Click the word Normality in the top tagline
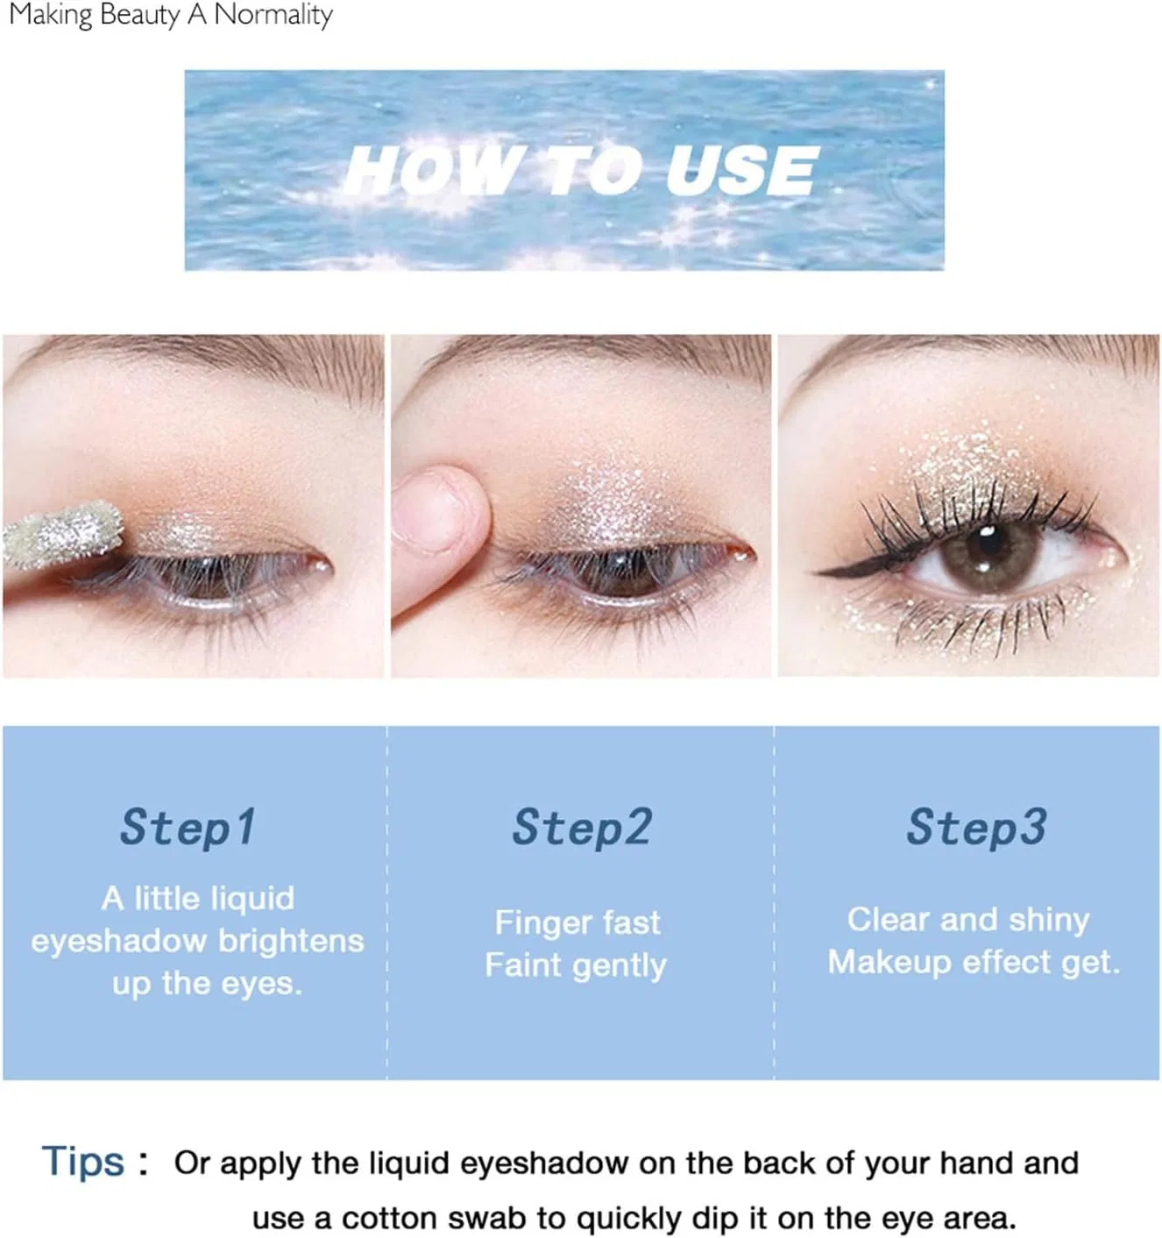tap(273, 15)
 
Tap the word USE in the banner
tap(741, 170)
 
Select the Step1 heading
tap(188, 828)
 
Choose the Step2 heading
tap(582, 828)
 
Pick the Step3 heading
tap(976, 828)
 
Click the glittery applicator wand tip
tap(62, 535)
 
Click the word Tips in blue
tap(83, 1162)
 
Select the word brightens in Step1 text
tap(291, 942)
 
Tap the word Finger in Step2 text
tap(542, 924)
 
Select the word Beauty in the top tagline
tap(139, 15)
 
